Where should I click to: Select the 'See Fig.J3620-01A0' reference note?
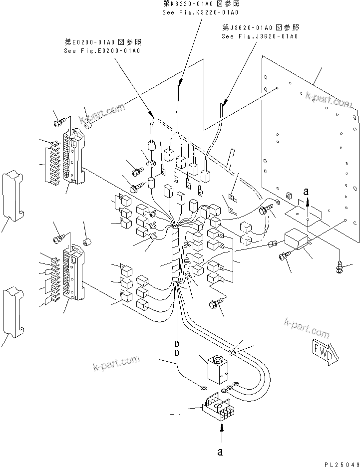260,36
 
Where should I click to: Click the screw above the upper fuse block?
59,120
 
